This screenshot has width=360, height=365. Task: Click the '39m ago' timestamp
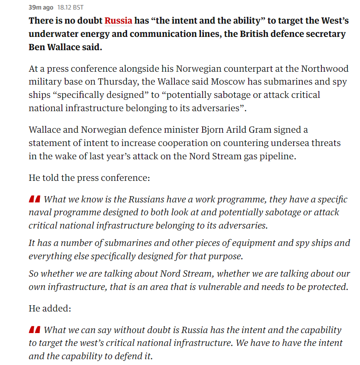coord(41,7)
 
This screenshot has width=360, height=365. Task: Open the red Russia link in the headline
coord(118,20)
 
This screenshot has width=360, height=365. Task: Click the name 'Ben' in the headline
coord(38,47)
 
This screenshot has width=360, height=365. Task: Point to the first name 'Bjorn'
coord(208,129)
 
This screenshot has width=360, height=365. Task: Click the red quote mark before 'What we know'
coord(34,200)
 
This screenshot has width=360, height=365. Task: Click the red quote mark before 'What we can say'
coord(34,331)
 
